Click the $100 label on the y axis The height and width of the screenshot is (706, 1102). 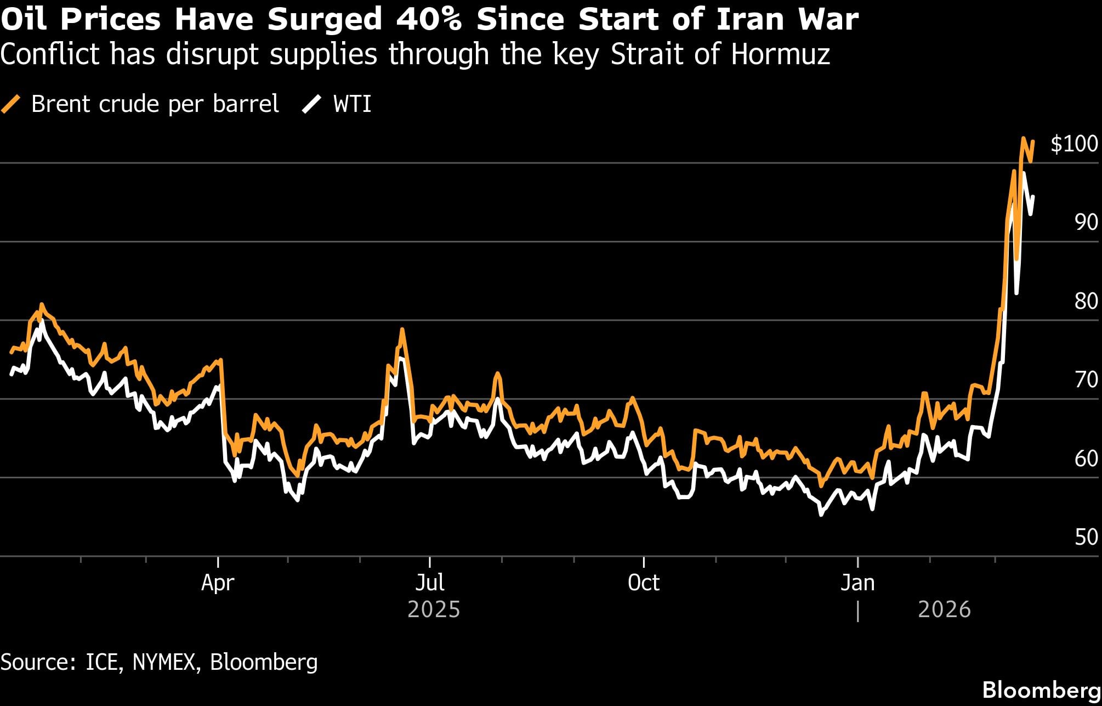[1073, 144]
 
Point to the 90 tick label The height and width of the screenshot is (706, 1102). [1086, 222]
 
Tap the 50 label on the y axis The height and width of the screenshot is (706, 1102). [1086, 537]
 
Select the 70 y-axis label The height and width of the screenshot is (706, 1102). [1086, 380]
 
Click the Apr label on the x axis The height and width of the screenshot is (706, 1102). [218, 583]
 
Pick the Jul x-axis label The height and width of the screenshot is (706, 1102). [429, 583]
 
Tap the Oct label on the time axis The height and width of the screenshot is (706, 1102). [643, 583]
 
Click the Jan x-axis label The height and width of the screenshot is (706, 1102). [857, 583]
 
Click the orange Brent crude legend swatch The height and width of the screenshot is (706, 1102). [11, 104]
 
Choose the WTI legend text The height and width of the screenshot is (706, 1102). [352, 104]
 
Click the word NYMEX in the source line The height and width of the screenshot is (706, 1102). [163, 662]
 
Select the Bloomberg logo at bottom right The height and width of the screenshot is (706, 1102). [1041, 690]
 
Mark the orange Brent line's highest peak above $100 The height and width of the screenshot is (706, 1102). [1023, 138]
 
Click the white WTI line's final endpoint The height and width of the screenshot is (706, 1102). [1033, 196]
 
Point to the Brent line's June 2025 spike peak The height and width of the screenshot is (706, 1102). [402, 329]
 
